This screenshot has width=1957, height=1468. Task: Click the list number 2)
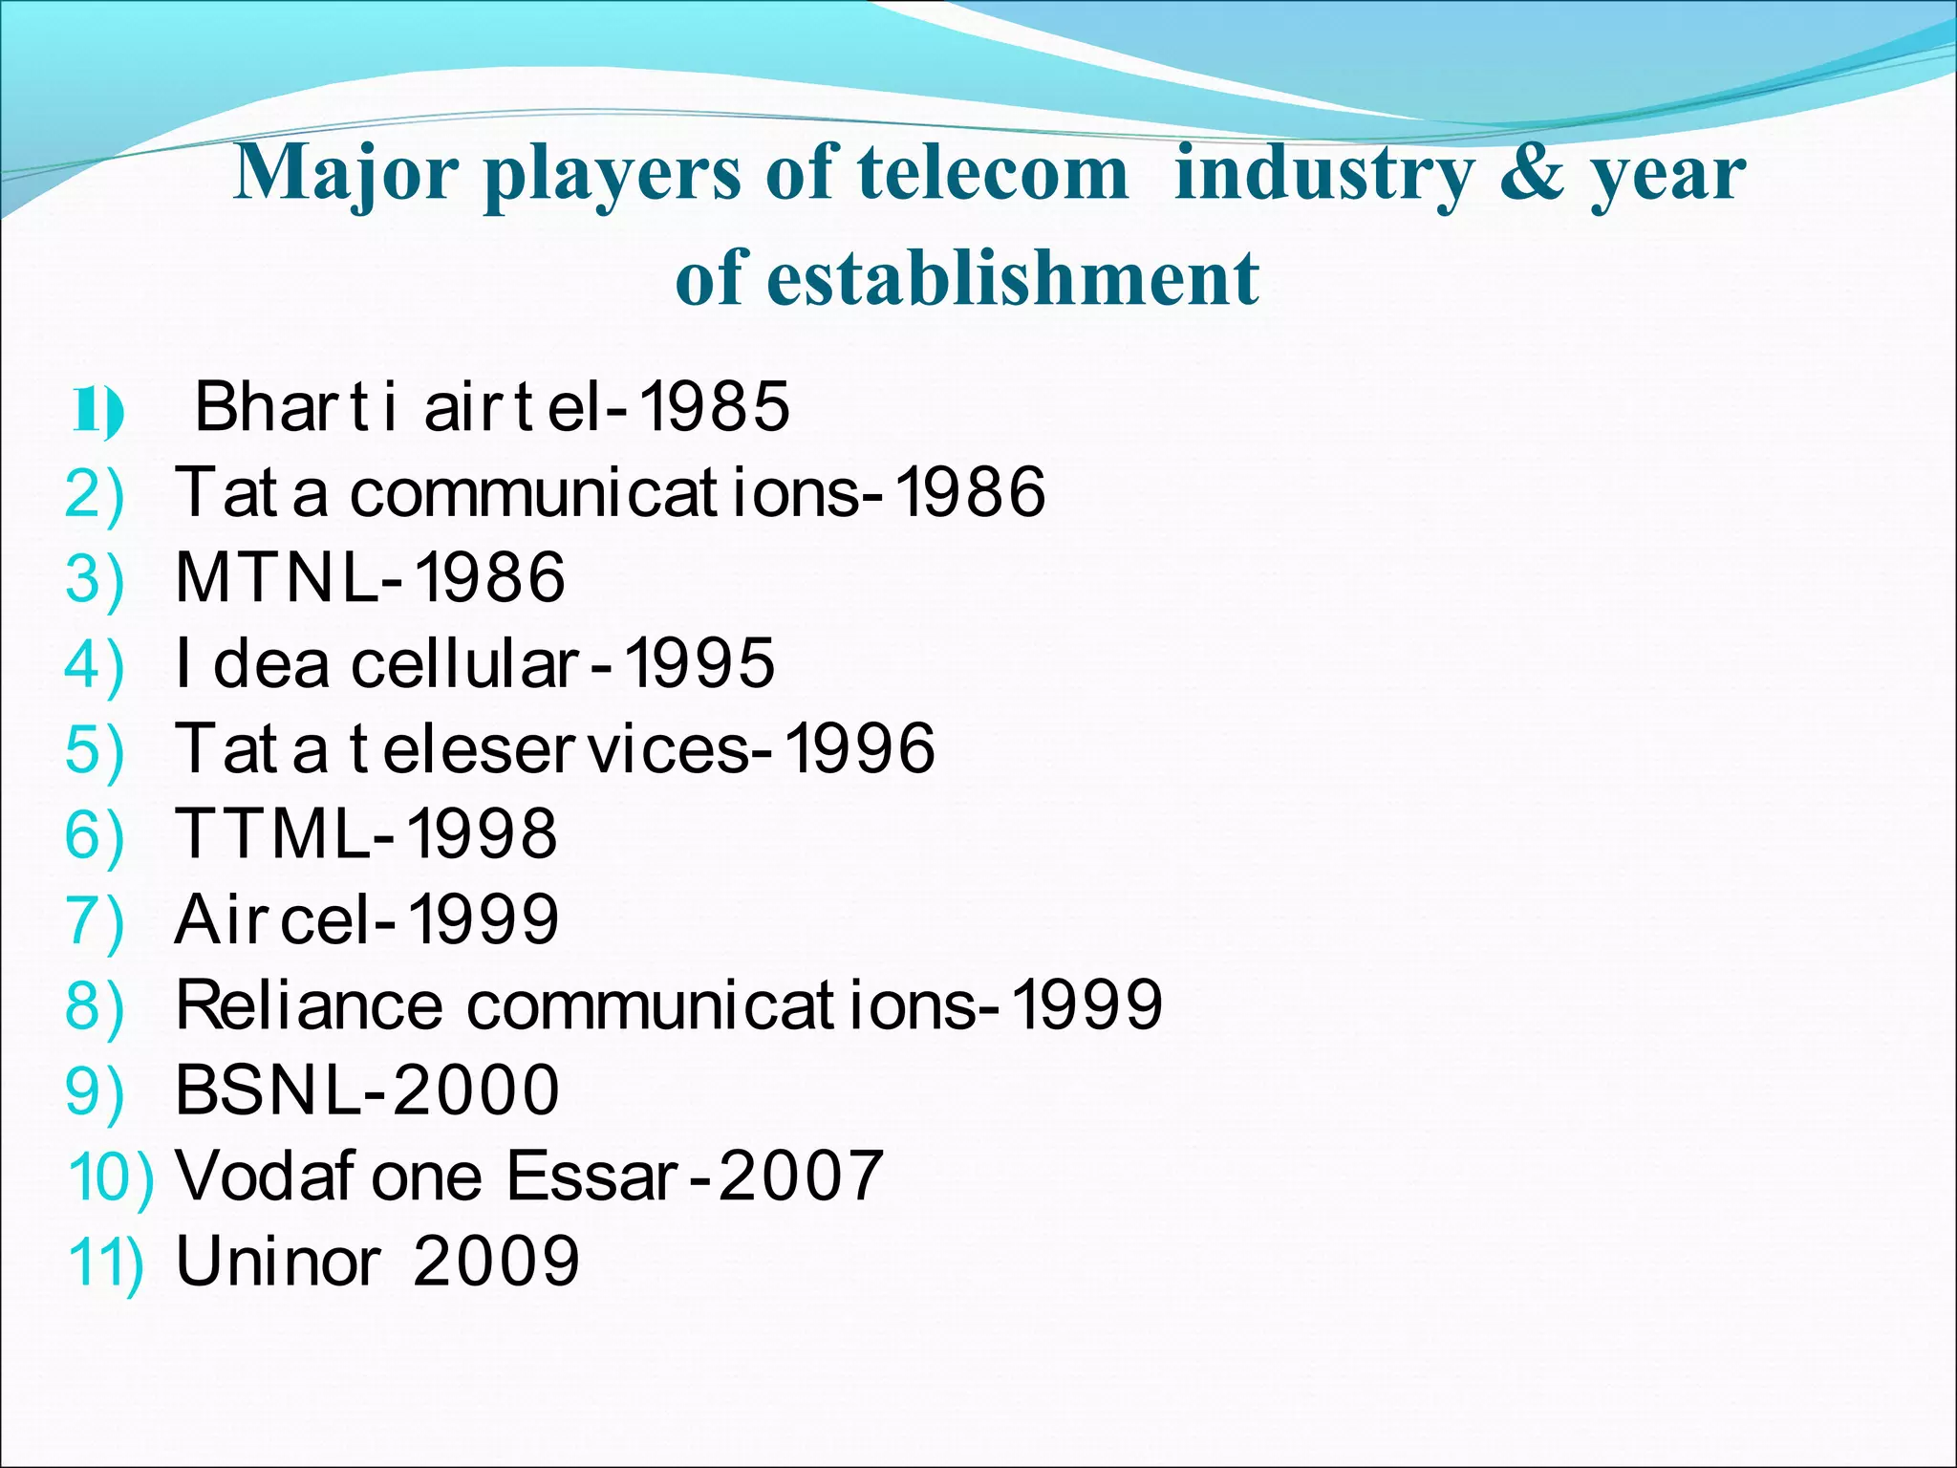pos(94,494)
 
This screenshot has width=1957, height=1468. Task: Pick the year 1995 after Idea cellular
pos(699,662)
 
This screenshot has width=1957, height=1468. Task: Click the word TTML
pos(272,833)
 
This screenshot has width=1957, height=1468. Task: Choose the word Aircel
pos(272,918)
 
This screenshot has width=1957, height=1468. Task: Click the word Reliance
pos(309,1004)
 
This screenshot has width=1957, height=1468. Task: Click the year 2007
pos(801,1175)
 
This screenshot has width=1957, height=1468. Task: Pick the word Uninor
pos(279,1261)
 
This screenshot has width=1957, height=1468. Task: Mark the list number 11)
pos(106,1263)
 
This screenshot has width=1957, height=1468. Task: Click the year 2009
pos(496,1261)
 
